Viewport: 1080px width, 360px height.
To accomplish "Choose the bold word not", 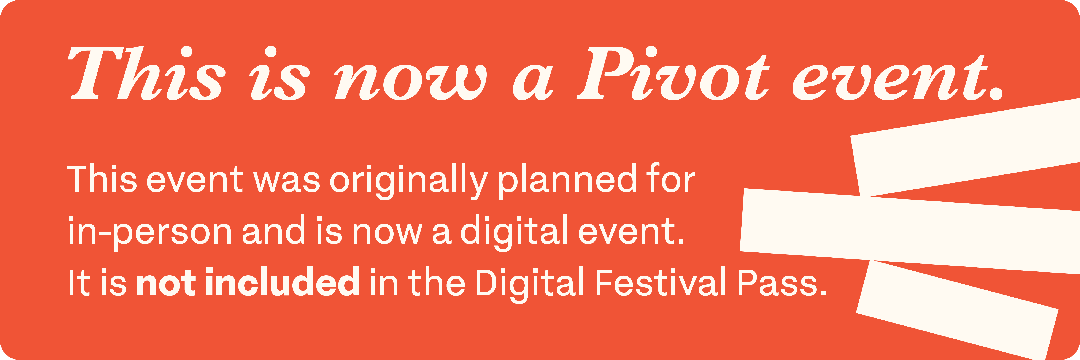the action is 166,282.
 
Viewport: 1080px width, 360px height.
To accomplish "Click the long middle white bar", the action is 910,231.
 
